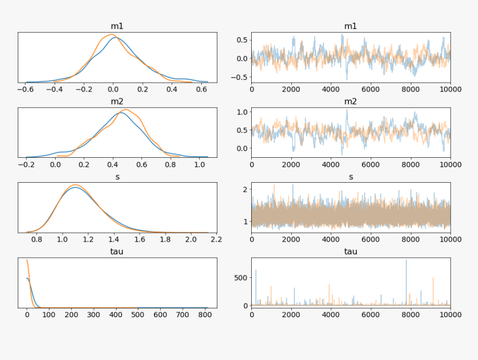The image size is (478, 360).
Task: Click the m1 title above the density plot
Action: pyautogui.click(x=117, y=26)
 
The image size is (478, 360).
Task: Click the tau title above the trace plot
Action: pyautogui.click(x=351, y=251)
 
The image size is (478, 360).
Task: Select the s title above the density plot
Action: pyautogui.click(x=117, y=176)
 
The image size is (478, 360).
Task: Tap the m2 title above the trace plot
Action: pyautogui.click(x=351, y=101)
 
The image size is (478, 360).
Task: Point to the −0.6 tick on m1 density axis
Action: pyautogui.click(x=25, y=88)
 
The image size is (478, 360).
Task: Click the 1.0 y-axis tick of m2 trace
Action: pyautogui.click(x=242, y=112)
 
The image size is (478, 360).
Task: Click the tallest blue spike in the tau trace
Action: pyautogui.click(x=406, y=260)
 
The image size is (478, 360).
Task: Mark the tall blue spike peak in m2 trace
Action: pyautogui.click(x=347, y=109)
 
